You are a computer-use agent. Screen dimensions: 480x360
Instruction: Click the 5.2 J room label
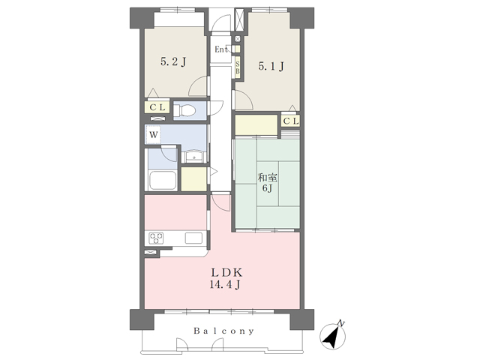[x=173, y=62]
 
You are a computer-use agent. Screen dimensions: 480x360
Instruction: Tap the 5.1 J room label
[x=271, y=66]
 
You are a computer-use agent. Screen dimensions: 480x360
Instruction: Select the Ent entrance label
[x=220, y=49]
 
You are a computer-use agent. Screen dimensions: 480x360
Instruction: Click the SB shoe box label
[x=238, y=68]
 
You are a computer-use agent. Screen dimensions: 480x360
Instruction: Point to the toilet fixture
[x=184, y=110]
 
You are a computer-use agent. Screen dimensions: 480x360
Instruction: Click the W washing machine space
[x=154, y=134]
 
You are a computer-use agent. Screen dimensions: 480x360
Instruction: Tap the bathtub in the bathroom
[x=163, y=180]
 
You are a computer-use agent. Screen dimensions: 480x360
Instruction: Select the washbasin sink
[x=193, y=157]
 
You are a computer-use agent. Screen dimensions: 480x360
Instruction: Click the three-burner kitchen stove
[x=156, y=238]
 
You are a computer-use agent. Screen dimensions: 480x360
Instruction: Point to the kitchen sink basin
[x=193, y=238]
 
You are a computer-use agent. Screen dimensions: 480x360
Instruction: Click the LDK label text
[x=226, y=272]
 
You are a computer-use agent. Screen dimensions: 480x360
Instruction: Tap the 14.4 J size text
[x=225, y=285]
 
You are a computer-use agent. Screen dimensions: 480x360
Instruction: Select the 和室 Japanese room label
[x=267, y=177]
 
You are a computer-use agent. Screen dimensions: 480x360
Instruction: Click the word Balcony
[x=223, y=331]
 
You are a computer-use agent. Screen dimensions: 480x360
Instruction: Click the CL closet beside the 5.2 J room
[x=157, y=107]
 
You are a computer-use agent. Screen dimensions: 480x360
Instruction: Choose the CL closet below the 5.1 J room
[x=290, y=121]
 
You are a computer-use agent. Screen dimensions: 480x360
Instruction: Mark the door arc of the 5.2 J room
[x=198, y=86]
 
